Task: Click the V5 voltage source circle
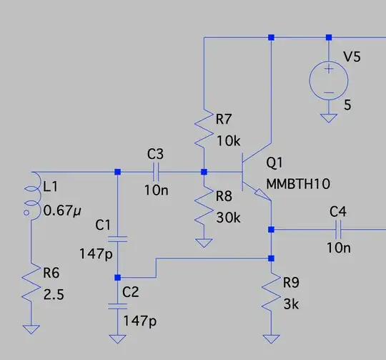328,79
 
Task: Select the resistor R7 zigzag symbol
204,128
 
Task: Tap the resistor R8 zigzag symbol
204,205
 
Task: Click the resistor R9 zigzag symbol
272,293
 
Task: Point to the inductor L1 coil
31,198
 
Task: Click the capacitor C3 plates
155,172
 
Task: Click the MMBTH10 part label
297,183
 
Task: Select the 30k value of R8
227,217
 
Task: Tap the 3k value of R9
292,303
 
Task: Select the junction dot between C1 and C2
118,277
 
